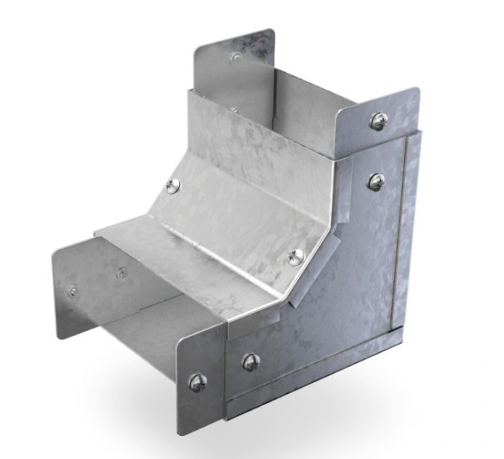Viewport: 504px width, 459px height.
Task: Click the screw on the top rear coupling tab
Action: click(237, 58)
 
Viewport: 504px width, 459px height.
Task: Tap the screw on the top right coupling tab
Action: click(378, 120)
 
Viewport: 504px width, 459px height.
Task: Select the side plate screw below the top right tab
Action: click(376, 181)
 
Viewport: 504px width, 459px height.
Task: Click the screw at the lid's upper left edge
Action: click(174, 184)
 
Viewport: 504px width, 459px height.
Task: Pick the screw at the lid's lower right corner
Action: click(296, 257)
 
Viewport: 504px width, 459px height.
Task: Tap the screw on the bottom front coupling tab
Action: click(197, 381)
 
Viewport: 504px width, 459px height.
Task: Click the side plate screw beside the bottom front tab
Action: click(250, 362)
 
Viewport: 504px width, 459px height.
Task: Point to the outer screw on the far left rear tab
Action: click(72, 291)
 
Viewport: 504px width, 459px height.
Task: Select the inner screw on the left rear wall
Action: click(121, 272)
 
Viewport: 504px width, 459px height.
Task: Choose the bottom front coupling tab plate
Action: click(201, 368)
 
